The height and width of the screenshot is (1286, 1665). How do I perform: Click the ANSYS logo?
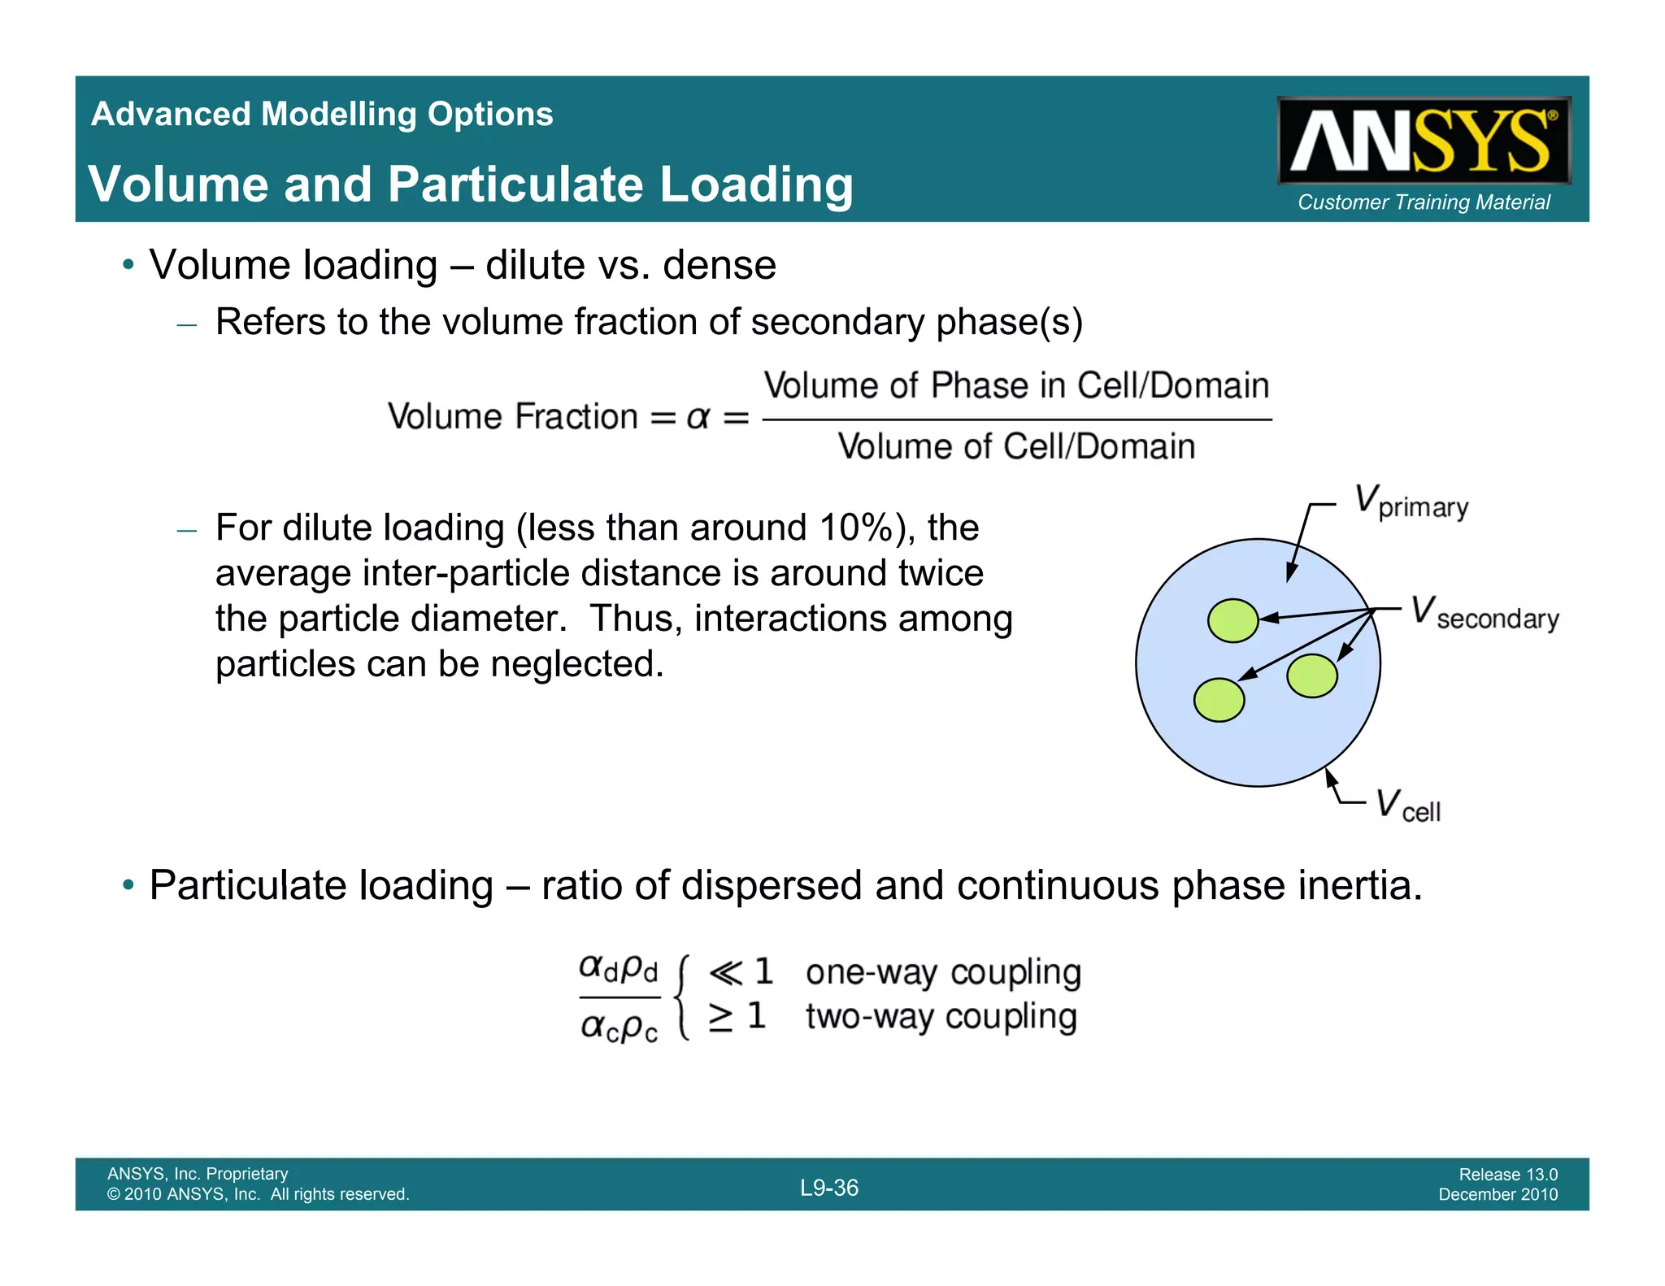pos(1423,141)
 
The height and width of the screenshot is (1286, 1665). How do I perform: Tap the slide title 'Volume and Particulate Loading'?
pos(471,185)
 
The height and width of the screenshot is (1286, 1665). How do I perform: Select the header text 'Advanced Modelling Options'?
pos(322,115)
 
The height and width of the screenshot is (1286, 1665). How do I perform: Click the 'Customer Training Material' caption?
pos(1424,202)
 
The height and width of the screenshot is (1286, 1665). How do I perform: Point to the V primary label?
pos(1411,502)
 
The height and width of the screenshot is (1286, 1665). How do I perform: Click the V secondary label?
pos(1485,614)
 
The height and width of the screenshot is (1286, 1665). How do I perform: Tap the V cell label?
pos(1407,806)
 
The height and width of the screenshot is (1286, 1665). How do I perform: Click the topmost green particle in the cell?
pos(1232,621)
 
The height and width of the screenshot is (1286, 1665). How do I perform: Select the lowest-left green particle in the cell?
pos(1219,700)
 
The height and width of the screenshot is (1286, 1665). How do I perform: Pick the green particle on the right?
pos(1312,676)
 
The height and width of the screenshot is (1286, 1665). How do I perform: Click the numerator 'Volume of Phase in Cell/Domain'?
pos(1016,386)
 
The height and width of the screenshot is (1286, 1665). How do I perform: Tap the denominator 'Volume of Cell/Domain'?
pos(1016,447)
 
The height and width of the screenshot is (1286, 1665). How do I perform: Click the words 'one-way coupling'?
pos(943,972)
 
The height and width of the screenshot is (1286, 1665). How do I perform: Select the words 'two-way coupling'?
pos(941,1017)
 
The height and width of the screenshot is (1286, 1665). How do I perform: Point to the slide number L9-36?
pos(829,1188)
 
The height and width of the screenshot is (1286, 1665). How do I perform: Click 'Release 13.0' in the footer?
pos(1508,1175)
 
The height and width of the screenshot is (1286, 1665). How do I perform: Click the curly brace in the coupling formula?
pos(685,997)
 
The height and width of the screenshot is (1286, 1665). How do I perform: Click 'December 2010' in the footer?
pos(1498,1195)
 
